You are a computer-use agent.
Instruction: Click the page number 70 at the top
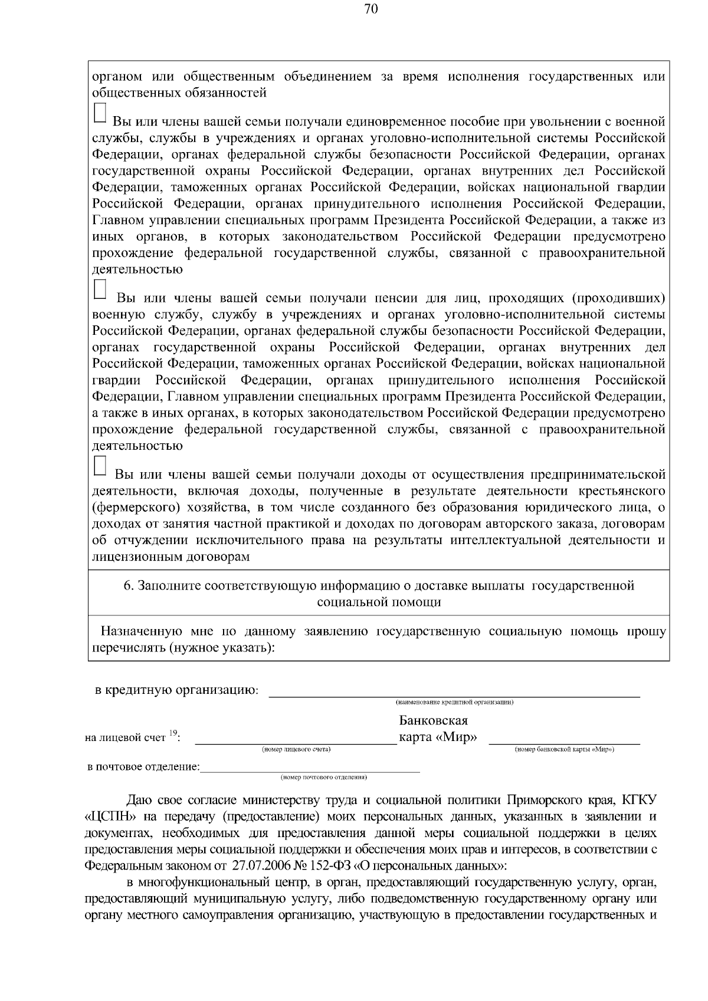tap(371, 9)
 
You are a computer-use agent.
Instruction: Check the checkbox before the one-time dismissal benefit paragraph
tap(100, 114)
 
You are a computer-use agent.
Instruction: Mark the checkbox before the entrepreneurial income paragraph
tap(100, 465)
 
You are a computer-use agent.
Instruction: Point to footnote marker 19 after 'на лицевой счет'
tap(173, 733)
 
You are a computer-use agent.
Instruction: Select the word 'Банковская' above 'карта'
tap(434, 721)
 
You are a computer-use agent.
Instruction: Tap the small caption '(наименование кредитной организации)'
tap(454, 702)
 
